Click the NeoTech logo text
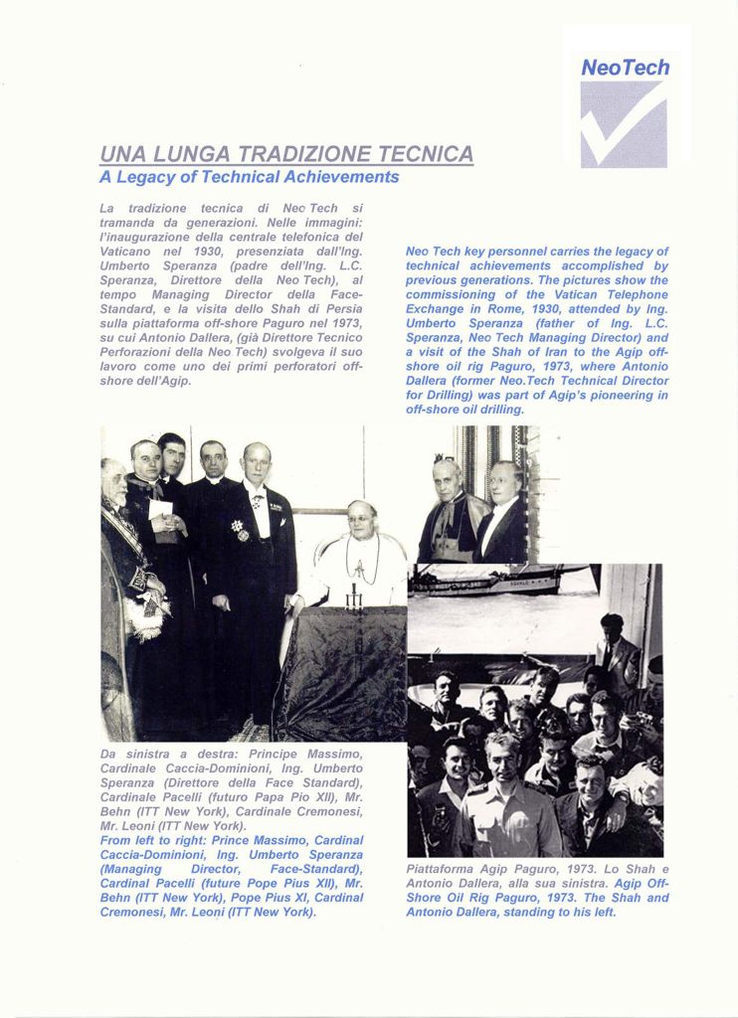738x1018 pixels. click(625, 68)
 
